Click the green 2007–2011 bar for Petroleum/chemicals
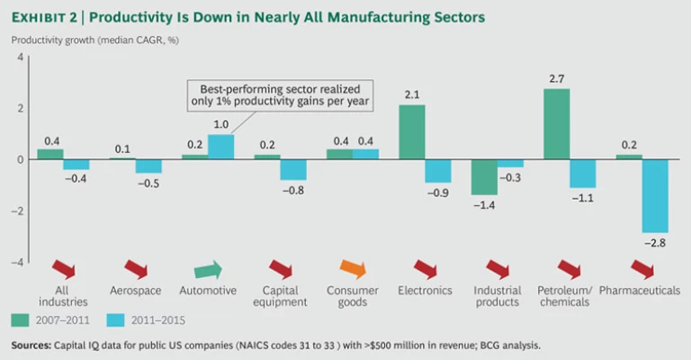(x=557, y=124)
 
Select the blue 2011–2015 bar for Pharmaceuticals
(x=654, y=195)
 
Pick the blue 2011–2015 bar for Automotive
(x=221, y=147)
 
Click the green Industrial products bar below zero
(x=485, y=177)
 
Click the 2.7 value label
(x=557, y=79)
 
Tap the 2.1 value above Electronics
(x=412, y=95)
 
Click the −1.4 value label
(x=485, y=205)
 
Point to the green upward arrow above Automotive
(x=207, y=270)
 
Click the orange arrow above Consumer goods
(x=354, y=270)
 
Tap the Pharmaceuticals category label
(x=639, y=290)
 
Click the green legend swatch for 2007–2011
(x=21, y=319)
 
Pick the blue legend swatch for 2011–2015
(x=114, y=319)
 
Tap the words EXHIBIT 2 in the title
(x=46, y=18)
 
